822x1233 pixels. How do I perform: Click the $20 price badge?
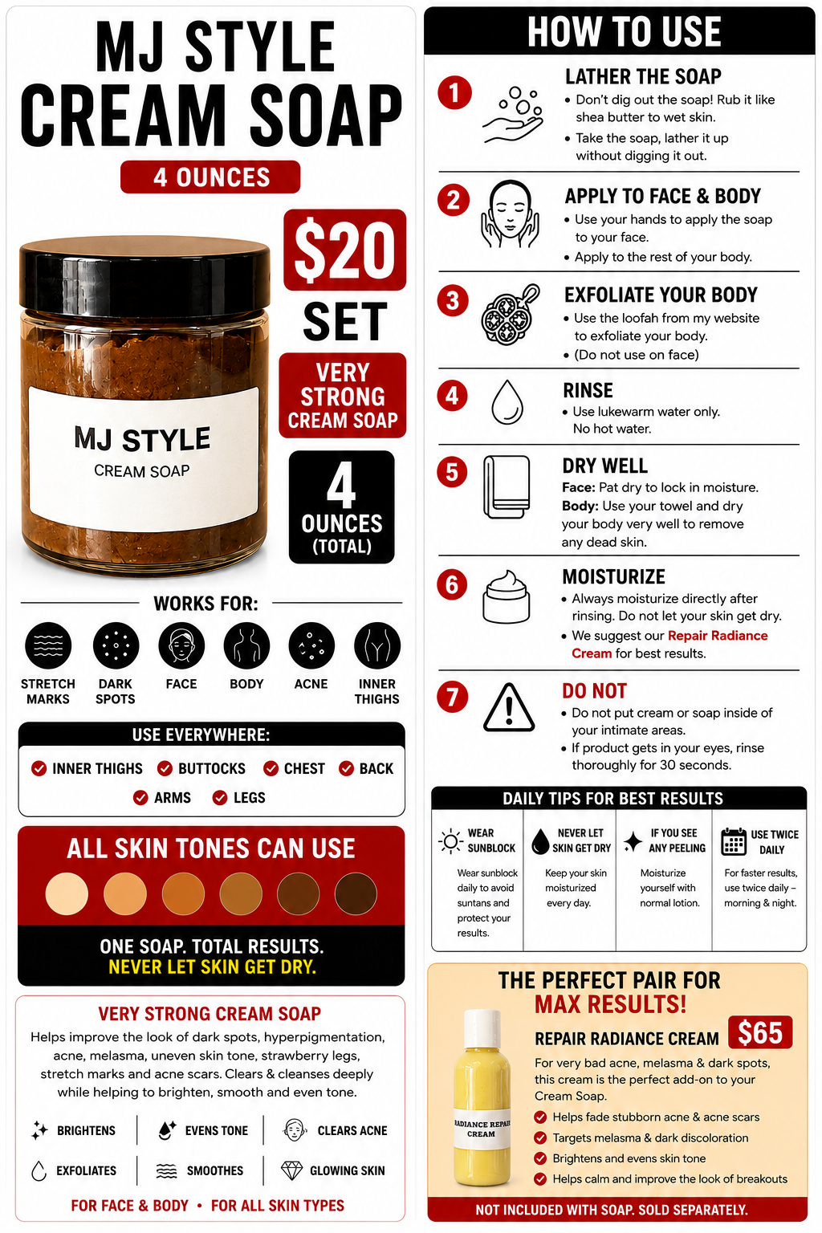pos(344,250)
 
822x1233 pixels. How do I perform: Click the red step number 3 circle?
pos(453,300)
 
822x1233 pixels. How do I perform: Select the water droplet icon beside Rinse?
pos(507,402)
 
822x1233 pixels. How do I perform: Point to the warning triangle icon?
pos(509,708)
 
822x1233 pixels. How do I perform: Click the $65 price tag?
pos(760,1032)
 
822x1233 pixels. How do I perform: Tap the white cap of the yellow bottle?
pos(482,1027)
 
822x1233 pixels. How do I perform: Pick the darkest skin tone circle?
pos(356,893)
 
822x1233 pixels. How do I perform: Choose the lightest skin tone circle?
pos(67,893)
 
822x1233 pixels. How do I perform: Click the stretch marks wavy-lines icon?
pos(48,645)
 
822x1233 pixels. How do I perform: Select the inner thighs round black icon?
pos(377,645)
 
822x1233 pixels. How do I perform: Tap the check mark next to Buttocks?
pos(165,768)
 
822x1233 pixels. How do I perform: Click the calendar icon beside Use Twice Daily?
pos(734,841)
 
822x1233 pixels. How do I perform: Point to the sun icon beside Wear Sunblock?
pos(450,841)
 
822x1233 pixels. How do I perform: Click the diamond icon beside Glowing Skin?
pos(292,1170)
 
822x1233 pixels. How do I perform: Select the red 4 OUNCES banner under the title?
pos(210,177)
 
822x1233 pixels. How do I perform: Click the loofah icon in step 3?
pos(510,315)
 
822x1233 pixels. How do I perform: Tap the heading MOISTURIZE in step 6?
pos(613,577)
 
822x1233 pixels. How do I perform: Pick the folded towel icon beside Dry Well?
pos(507,486)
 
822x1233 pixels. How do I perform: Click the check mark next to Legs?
pos(220,798)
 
